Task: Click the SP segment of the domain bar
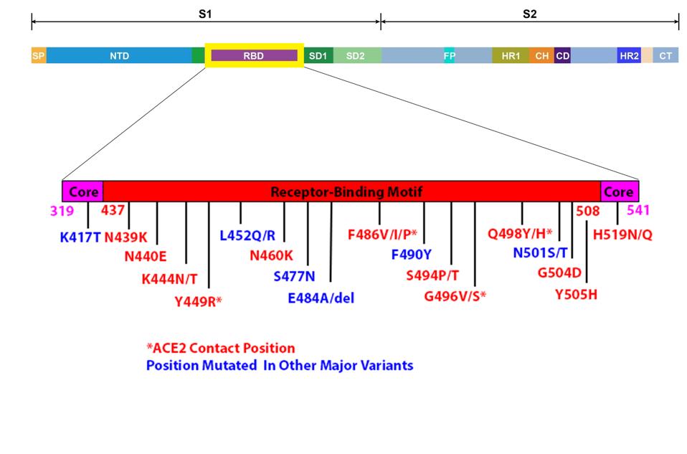39,55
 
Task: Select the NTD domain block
119,55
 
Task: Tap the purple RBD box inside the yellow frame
254,55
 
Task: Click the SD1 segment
318,55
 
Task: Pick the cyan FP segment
450,55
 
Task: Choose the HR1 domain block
511,55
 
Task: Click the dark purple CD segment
563,55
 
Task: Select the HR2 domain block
628,55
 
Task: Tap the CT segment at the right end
665,55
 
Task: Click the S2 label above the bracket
529,14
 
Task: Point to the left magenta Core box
83,191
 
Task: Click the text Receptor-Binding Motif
346,191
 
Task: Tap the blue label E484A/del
321,298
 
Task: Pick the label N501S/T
540,252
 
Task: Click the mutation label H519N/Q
622,234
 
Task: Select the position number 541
638,211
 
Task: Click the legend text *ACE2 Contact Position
221,348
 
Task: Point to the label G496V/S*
455,294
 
